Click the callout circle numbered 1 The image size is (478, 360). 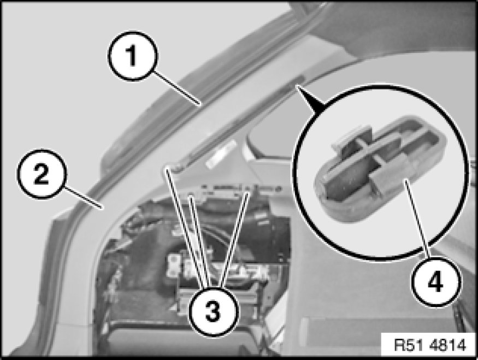point(132,56)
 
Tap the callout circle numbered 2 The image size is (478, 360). point(41,174)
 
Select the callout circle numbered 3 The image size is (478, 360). point(213,311)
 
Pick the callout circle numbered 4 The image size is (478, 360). point(435,282)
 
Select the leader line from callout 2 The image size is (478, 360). point(82,198)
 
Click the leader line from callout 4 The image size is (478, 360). point(418,219)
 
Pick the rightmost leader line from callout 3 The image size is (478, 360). point(235,239)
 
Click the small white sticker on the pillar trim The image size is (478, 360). point(222,154)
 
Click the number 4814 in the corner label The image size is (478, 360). point(447,345)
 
